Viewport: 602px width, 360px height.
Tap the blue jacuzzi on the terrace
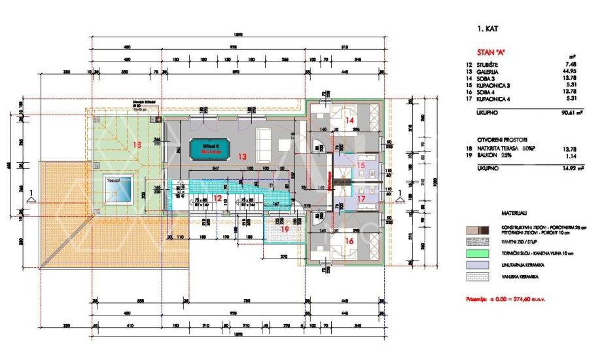[120, 189]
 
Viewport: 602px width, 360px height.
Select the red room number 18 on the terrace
[135, 144]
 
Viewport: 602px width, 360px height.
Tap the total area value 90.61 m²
[557, 112]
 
